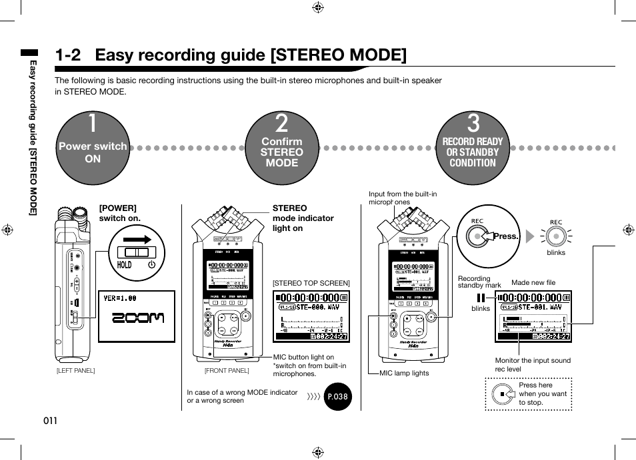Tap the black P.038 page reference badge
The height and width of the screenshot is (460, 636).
pos(337,397)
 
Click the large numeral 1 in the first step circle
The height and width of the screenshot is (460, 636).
pos(92,124)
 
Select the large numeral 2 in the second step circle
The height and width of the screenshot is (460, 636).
pos(281,124)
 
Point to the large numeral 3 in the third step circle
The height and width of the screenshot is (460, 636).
pos(473,124)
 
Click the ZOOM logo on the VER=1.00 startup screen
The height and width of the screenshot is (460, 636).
pos(137,318)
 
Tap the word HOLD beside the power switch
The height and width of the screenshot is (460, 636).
pos(124,264)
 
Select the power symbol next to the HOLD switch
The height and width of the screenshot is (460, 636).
pos(152,264)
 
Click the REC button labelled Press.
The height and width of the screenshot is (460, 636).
pos(477,236)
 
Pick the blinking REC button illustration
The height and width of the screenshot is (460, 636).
pos(555,236)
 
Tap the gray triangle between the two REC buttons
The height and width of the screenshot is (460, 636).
pos(530,236)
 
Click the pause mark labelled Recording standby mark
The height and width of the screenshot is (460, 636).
pos(481,298)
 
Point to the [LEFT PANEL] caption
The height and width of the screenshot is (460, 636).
pos(75,371)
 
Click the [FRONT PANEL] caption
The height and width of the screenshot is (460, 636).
pos(226,371)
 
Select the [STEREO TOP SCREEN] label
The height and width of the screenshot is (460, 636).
pos(311,283)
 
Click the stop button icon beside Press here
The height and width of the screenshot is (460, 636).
pos(503,394)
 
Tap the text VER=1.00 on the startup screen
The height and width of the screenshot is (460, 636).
pos(120,299)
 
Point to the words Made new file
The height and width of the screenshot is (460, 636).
pos(533,283)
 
